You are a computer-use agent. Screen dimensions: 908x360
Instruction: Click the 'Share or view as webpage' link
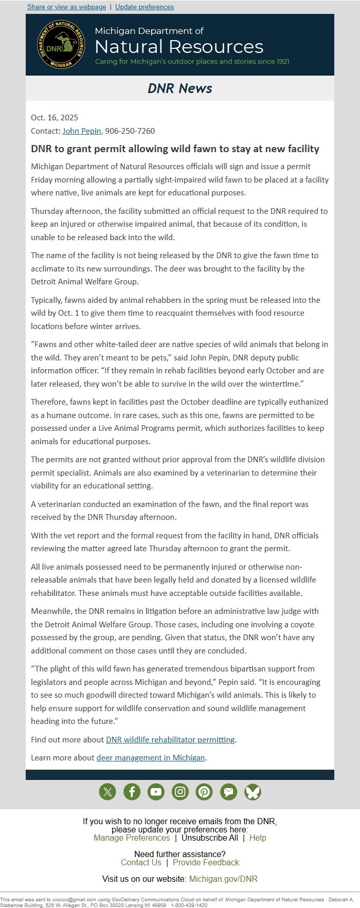point(66,7)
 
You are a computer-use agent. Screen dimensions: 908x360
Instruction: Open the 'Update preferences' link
point(145,7)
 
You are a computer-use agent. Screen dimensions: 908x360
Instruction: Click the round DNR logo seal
point(61,45)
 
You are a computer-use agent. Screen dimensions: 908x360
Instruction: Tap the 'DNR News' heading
point(180,88)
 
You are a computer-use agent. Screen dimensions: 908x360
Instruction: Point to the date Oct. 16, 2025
point(55,118)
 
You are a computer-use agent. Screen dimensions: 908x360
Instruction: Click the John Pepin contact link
point(82,131)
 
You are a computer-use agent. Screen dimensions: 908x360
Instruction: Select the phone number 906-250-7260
point(130,131)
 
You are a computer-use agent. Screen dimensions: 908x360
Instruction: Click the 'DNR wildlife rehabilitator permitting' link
point(170,739)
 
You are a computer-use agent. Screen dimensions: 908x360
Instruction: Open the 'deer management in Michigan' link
point(151,757)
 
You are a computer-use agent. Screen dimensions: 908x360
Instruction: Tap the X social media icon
point(107,792)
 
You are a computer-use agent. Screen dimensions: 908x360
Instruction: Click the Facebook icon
point(132,792)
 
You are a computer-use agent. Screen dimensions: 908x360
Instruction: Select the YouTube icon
point(156,792)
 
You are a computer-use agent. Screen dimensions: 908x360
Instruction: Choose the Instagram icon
point(180,792)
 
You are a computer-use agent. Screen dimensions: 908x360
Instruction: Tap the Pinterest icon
point(204,792)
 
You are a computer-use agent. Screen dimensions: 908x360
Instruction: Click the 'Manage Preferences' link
point(132,838)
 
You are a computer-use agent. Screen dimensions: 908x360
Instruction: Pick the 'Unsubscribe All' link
point(210,838)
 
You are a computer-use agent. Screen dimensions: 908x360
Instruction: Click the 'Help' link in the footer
point(258,838)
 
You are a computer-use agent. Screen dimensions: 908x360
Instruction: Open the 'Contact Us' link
point(141,862)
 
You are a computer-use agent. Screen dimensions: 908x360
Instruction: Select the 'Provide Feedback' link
point(206,862)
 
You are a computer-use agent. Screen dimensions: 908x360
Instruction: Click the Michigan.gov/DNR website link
point(223,879)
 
